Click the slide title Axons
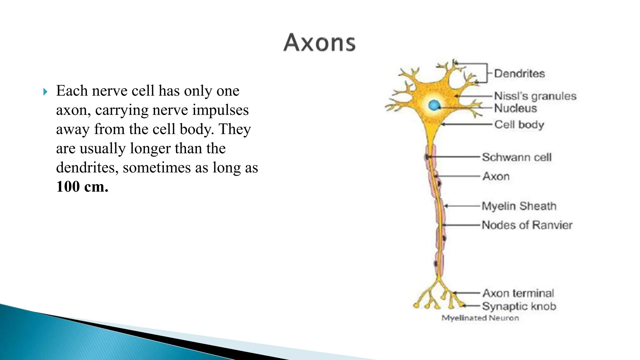pos(319,42)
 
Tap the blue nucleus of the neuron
pos(434,105)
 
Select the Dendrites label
pos(519,74)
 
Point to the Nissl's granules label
pos(535,96)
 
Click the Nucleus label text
pos(515,108)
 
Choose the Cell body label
pos(519,125)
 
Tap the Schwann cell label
pos(517,157)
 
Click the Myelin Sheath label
pos(519,206)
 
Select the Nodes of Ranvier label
pos(527,225)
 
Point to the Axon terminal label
pos(518,293)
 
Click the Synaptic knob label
pos(519,306)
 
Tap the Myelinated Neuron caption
pos(480,318)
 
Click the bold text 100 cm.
pos(82,187)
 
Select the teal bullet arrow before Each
pos(46,92)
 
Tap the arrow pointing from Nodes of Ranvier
pos(461,225)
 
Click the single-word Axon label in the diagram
pos(496,177)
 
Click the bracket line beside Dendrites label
pos(487,73)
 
